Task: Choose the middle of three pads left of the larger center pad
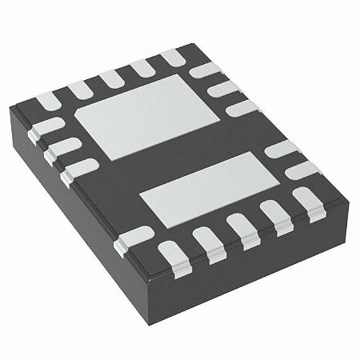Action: (x=66, y=146)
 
